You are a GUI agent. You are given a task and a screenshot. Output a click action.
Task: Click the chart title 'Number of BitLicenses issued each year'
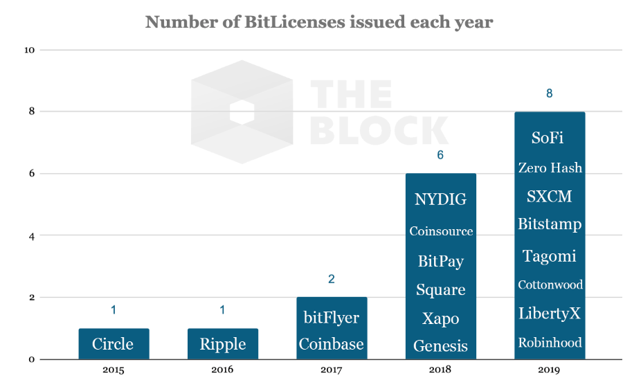click(x=318, y=21)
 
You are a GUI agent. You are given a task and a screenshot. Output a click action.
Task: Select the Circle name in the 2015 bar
click(x=113, y=344)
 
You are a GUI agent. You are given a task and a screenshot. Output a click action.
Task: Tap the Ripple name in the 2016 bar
click(x=222, y=344)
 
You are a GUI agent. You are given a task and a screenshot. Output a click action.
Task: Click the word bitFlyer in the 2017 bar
click(x=331, y=318)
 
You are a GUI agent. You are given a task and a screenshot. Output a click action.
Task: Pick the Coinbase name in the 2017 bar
click(x=331, y=344)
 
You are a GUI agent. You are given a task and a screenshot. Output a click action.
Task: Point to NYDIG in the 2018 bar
click(x=440, y=200)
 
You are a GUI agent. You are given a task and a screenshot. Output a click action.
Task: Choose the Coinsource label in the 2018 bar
click(x=440, y=231)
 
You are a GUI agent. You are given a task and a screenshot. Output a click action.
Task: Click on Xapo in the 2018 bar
click(x=440, y=318)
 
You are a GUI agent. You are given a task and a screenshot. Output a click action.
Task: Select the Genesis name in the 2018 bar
click(x=440, y=345)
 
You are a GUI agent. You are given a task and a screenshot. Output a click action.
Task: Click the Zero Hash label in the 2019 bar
click(x=550, y=168)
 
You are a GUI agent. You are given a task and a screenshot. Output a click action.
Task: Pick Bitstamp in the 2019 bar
click(x=550, y=224)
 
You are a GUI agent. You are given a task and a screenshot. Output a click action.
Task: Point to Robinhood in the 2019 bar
click(x=550, y=342)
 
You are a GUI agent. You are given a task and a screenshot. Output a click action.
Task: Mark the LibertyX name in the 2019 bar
click(x=550, y=314)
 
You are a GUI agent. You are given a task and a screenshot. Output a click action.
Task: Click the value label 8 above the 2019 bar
click(x=549, y=93)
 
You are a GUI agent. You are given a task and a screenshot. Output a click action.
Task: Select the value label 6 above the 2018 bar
click(x=440, y=156)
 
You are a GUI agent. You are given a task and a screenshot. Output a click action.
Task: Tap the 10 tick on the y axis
click(x=30, y=51)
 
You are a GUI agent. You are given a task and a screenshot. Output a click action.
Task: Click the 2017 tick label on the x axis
click(x=331, y=370)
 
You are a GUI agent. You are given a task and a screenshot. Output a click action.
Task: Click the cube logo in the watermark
click(x=242, y=112)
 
